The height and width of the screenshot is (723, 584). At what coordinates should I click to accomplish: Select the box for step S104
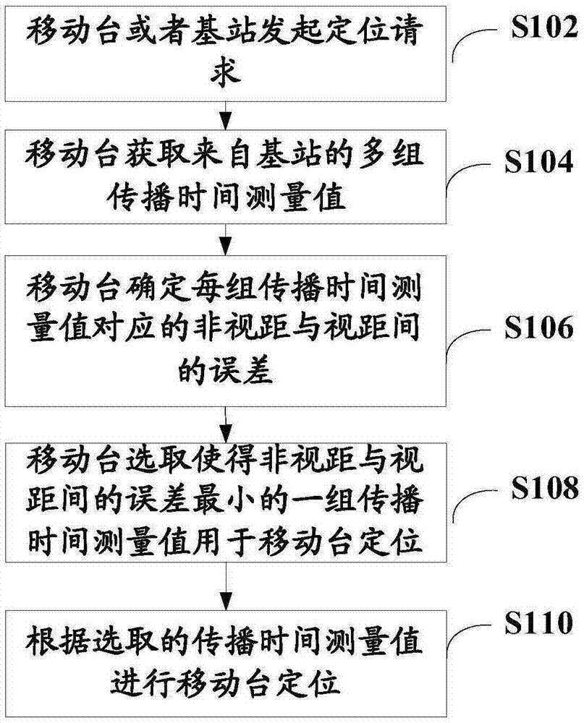click(x=227, y=176)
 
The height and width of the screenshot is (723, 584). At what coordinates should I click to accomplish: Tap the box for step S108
click(x=227, y=502)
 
